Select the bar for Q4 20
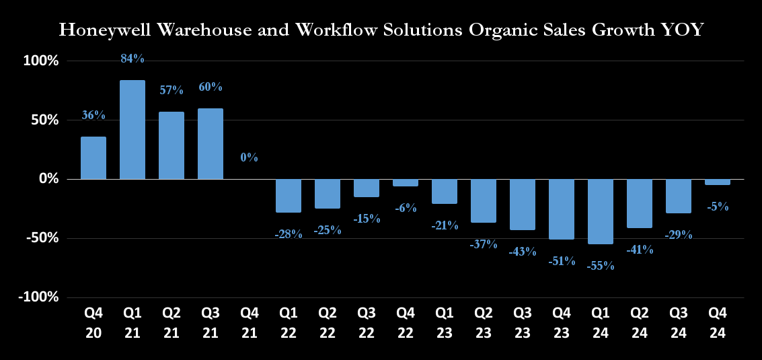point(93,158)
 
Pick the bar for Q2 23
point(484,201)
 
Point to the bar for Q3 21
point(211,143)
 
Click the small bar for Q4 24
point(718,182)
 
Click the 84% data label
point(132,59)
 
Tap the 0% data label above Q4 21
point(250,157)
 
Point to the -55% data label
point(601,266)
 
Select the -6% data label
point(406,209)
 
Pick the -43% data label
point(523,252)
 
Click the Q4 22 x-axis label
point(406,322)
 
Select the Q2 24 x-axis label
point(640,322)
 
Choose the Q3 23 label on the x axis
point(523,322)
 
